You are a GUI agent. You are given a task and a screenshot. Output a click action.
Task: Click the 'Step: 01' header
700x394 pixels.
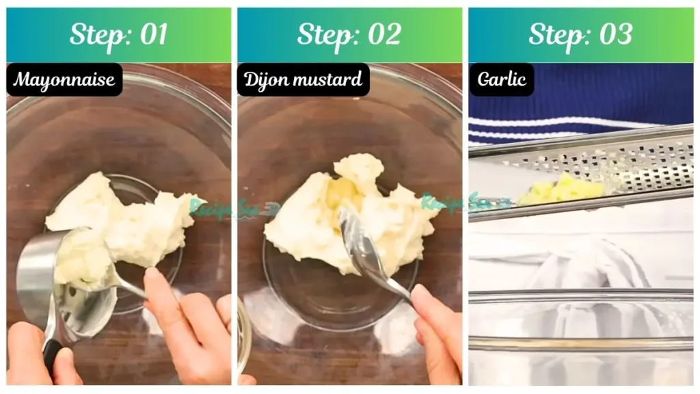(x=119, y=34)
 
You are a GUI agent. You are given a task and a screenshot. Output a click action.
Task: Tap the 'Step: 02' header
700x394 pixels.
(x=349, y=34)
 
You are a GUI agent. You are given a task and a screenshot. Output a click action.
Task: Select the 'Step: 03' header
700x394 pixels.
(x=580, y=34)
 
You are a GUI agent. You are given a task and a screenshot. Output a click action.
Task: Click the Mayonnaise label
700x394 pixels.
(x=64, y=80)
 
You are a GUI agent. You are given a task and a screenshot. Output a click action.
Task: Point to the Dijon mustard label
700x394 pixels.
(x=304, y=80)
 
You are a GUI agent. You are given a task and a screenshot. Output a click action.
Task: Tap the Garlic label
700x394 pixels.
(x=501, y=80)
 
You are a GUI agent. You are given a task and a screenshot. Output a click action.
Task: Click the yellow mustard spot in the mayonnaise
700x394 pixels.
(x=340, y=196)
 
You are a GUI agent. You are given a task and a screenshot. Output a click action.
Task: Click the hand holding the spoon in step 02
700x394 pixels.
(x=437, y=328)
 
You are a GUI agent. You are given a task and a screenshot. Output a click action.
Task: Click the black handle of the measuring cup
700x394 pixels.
(x=53, y=353)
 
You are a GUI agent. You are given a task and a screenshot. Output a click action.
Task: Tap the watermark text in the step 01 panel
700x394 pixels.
(x=226, y=207)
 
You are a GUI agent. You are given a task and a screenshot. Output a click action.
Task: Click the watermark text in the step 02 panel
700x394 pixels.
(x=465, y=202)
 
